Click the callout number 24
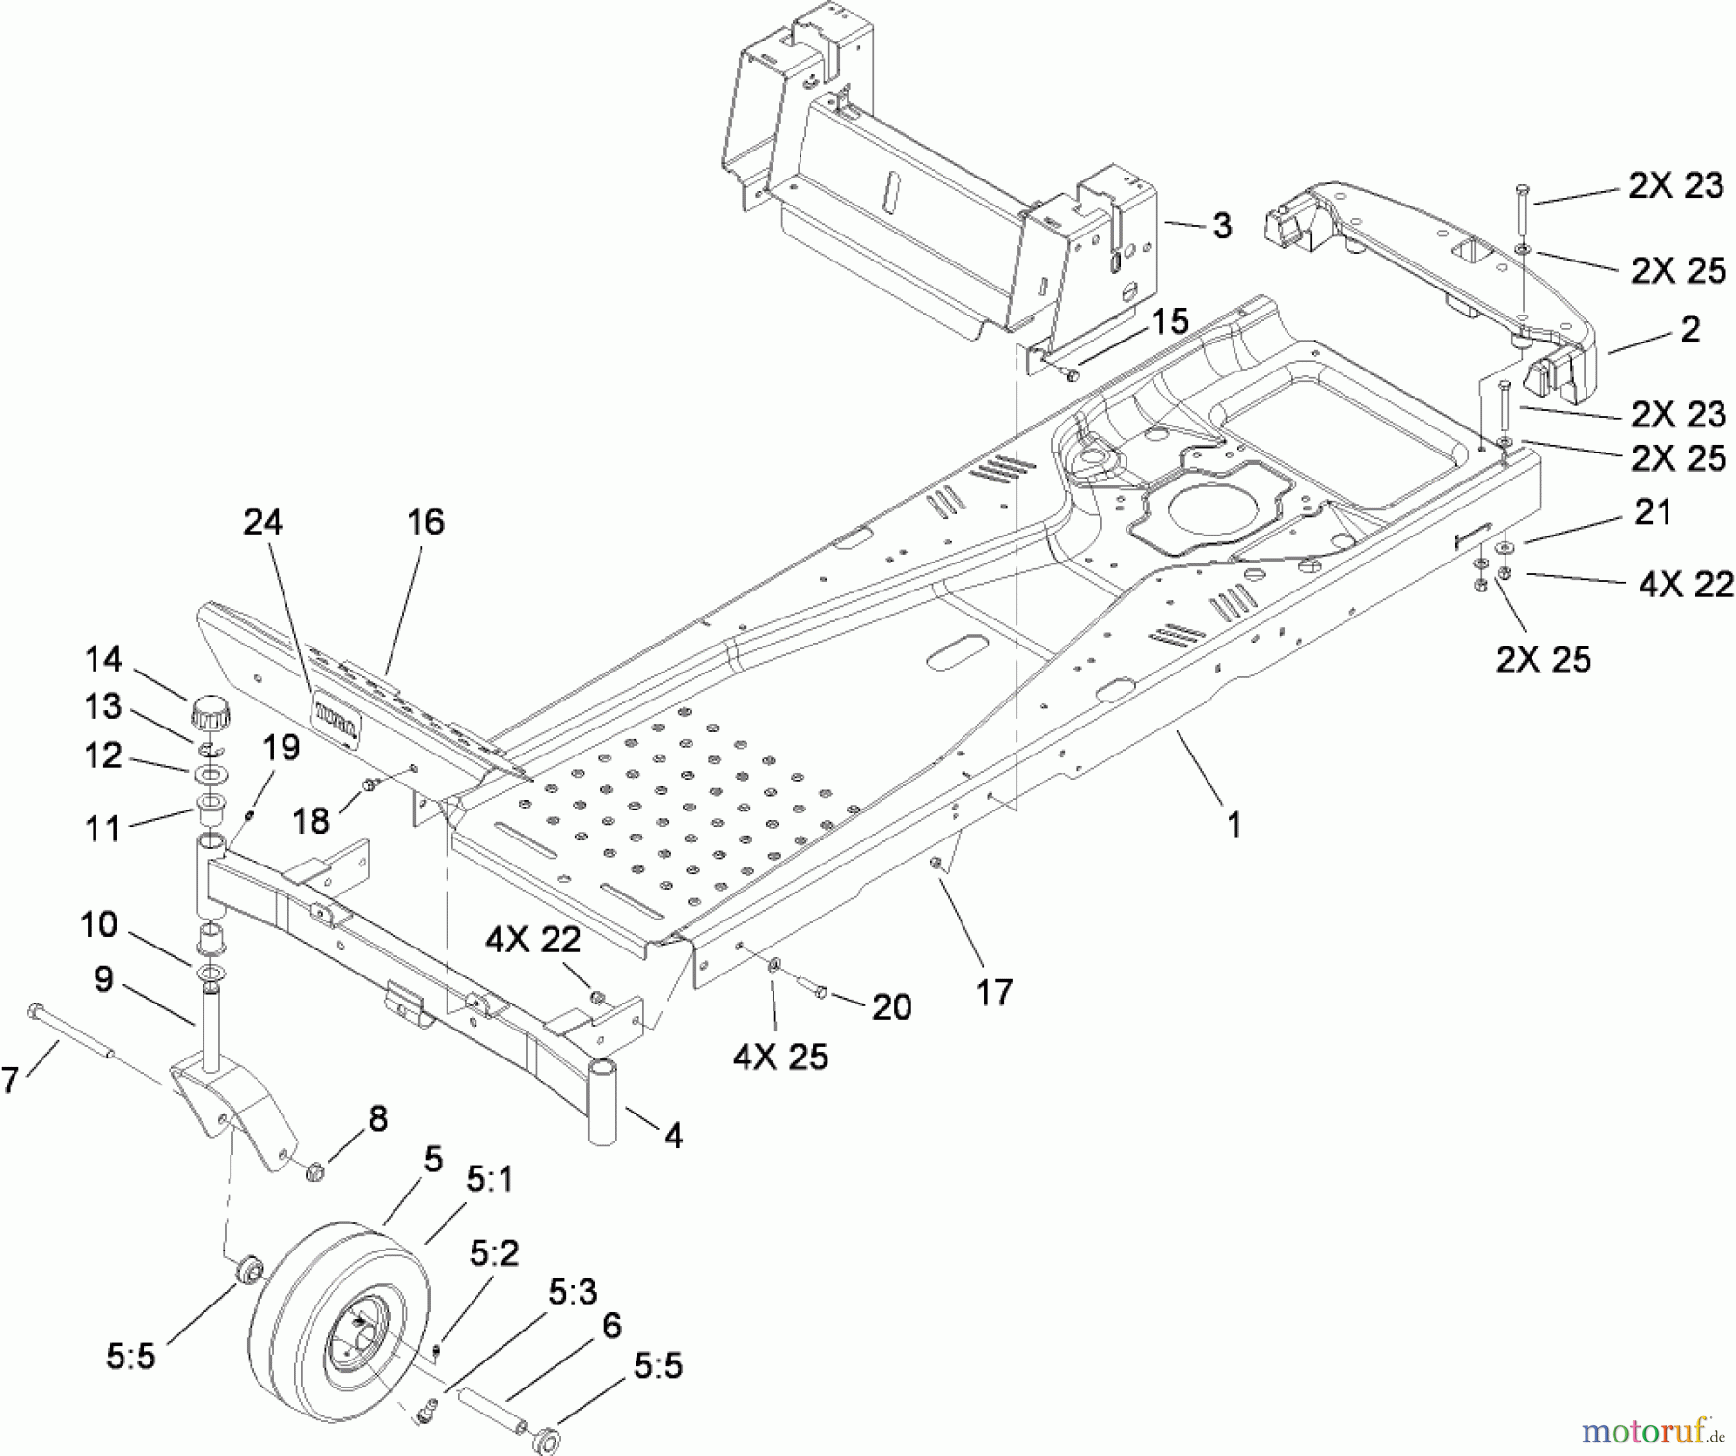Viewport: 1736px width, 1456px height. [x=261, y=522]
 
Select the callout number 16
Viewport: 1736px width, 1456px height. [x=424, y=522]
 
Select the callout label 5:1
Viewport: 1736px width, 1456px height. [x=490, y=1179]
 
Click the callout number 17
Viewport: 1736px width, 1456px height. [x=993, y=991]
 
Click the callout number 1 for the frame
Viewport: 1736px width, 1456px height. [x=1233, y=824]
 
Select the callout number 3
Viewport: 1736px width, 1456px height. [x=1221, y=227]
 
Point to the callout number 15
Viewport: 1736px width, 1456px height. [x=1170, y=321]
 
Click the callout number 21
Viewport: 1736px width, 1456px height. [x=1652, y=511]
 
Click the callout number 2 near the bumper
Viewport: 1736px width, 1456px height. [x=1690, y=329]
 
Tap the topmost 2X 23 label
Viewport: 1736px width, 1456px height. [x=1675, y=185]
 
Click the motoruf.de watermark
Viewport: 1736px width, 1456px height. [x=1653, y=1426]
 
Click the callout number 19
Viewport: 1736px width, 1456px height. [x=281, y=748]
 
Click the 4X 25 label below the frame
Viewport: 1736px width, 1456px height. [x=779, y=1057]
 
